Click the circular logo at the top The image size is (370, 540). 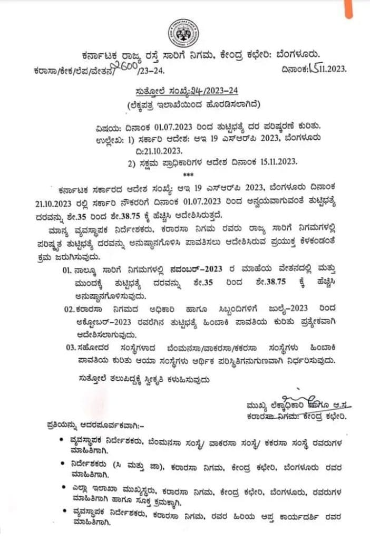tap(183, 34)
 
